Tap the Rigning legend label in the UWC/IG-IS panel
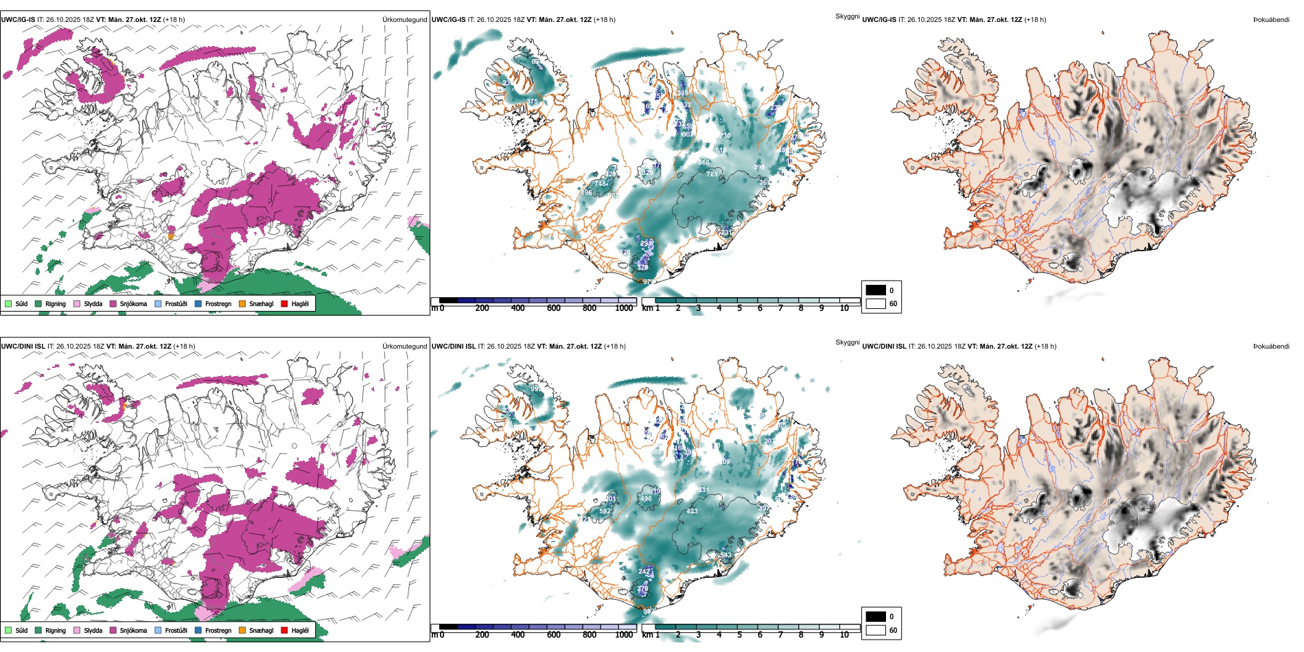coord(56,303)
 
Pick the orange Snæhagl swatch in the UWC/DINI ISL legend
coord(242,630)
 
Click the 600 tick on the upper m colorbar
coord(554,308)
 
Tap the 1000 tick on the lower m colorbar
coord(624,635)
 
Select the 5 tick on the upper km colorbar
coord(740,308)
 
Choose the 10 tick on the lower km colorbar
coord(844,635)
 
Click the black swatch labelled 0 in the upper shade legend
coord(876,290)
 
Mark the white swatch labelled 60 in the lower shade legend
coord(876,630)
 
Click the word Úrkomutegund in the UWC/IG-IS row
coord(404,20)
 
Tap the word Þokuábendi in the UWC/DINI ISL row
coord(1271,347)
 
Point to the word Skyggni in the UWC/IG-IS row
coord(847,16)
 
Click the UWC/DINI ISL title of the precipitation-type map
coord(23,347)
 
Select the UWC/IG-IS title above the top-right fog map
coord(879,20)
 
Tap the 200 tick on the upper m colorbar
coord(482,308)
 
